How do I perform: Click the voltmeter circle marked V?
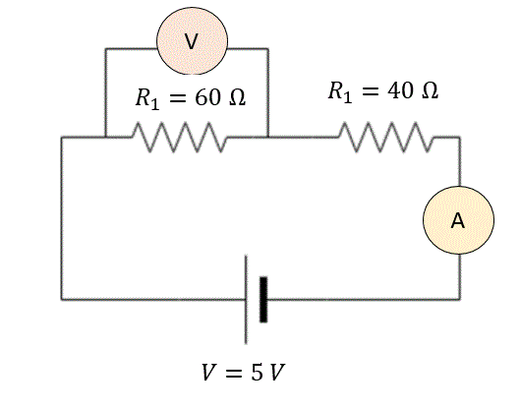click(192, 40)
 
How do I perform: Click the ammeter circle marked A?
click(458, 220)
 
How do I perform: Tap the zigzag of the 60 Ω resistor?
click(180, 137)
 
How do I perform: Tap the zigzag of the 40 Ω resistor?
click(386, 137)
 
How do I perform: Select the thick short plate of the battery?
click(263, 299)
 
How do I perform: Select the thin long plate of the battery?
click(246, 300)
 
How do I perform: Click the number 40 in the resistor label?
click(401, 90)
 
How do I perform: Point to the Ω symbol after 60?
click(238, 98)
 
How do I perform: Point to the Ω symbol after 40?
click(431, 90)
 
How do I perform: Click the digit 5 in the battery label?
click(257, 373)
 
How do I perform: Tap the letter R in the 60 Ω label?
click(144, 97)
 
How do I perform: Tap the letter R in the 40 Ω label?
click(336, 90)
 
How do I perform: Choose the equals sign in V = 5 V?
click(234, 373)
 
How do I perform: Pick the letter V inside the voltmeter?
click(191, 42)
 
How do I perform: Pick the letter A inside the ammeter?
click(458, 220)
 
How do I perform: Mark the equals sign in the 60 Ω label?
click(178, 98)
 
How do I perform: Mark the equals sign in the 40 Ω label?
click(371, 90)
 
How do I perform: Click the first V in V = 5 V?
click(209, 373)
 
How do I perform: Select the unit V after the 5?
click(277, 373)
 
